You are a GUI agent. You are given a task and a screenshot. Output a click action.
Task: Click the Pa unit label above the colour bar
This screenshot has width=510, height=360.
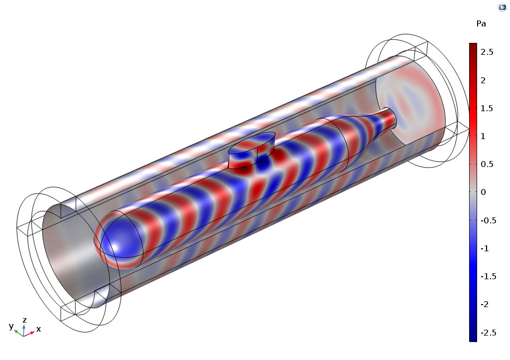point(481,24)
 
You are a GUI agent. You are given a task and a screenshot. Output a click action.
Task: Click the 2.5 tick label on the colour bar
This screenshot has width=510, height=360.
point(487,52)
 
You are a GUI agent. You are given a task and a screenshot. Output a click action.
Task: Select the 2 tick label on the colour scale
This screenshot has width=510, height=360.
point(483,80)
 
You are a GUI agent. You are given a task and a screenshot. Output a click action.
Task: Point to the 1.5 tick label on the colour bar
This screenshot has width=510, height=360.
point(487,108)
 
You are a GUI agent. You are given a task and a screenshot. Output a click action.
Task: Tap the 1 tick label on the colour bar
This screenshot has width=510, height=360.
point(483,136)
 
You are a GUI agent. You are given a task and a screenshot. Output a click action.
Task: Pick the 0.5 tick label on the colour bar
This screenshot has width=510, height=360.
point(487,164)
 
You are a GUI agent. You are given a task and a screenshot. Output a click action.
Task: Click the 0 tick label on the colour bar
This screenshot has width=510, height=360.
point(483,192)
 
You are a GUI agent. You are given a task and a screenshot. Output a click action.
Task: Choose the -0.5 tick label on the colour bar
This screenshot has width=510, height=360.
point(489,220)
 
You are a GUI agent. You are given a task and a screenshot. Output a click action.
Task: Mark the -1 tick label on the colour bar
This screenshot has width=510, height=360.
point(485,248)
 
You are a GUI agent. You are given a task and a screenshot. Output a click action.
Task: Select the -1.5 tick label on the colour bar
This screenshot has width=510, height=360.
point(489,276)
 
